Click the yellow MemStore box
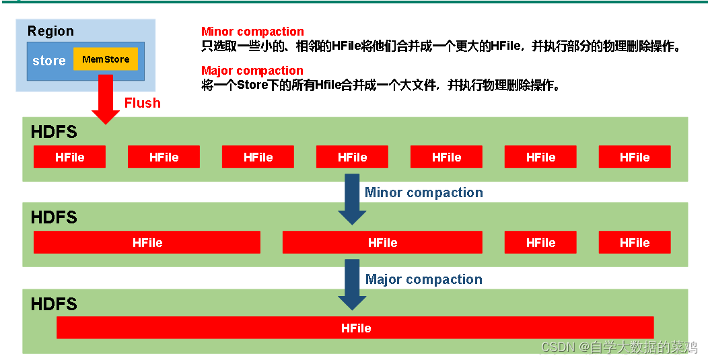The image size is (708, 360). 106,59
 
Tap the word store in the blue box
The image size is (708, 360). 49,61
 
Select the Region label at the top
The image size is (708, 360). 50,31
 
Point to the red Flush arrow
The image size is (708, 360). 106,100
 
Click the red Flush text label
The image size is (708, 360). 143,103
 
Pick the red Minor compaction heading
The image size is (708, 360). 252,32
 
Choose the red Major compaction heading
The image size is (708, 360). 252,71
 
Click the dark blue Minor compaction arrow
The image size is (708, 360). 352,199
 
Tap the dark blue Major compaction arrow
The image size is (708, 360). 352,285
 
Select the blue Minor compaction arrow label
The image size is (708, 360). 424,192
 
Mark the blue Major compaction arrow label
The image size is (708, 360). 424,279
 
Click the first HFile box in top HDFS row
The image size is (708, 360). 70,157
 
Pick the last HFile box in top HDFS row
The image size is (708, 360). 635,157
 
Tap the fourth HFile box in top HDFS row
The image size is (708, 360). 352,157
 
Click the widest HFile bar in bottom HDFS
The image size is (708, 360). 355,328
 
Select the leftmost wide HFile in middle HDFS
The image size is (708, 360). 147,242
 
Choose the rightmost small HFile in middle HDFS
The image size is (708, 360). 635,242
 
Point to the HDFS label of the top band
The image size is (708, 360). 54,132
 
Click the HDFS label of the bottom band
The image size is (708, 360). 54,304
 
